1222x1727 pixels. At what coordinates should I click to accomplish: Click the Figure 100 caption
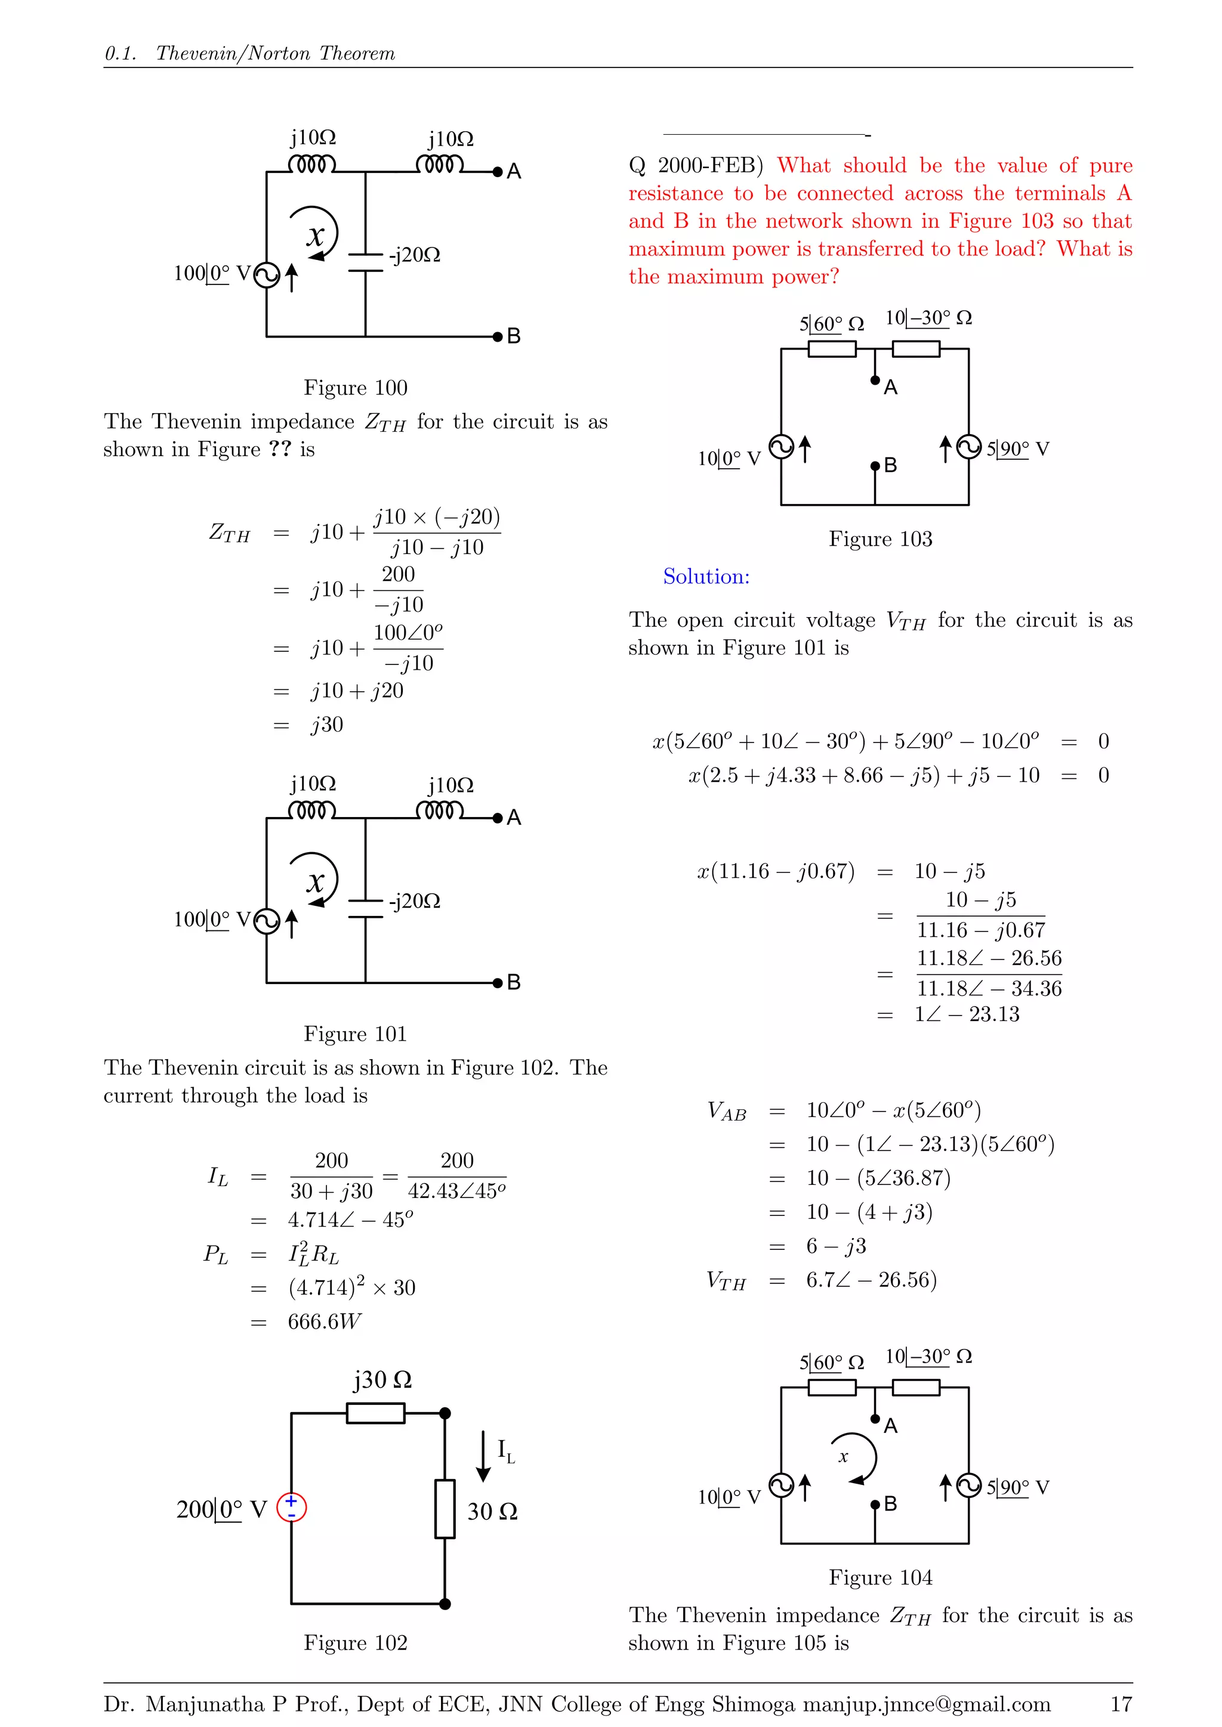pyautogui.click(x=355, y=388)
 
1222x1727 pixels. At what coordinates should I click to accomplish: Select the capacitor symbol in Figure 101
pyautogui.click(x=366, y=908)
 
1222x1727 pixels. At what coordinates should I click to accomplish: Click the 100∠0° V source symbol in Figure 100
pyautogui.click(x=266, y=276)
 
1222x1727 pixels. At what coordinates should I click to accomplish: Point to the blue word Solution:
pyautogui.click(x=706, y=577)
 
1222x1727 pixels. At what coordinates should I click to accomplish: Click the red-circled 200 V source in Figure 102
pyautogui.click(x=291, y=1508)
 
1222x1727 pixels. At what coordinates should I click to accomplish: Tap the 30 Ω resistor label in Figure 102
pyautogui.click(x=492, y=1512)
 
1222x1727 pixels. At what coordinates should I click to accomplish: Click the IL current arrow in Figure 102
pyautogui.click(x=484, y=1457)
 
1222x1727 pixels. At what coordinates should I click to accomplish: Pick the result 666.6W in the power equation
pyautogui.click(x=325, y=1321)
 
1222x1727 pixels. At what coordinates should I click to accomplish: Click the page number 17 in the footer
pyautogui.click(x=1121, y=1704)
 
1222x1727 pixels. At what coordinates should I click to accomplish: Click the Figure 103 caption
pyautogui.click(x=880, y=538)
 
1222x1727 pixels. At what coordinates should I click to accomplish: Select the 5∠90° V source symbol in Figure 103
pyautogui.click(x=968, y=448)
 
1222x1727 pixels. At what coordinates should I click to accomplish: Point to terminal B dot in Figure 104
pyautogui.click(x=875, y=1505)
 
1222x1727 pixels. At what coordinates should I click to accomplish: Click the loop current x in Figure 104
pyautogui.click(x=844, y=1457)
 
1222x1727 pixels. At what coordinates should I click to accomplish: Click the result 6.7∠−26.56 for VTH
pyautogui.click(x=871, y=1280)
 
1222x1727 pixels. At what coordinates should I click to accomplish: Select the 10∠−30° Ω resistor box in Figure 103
pyautogui.click(x=916, y=349)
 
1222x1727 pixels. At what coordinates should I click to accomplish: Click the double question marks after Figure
pyautogui.click(x=280, y=449)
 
